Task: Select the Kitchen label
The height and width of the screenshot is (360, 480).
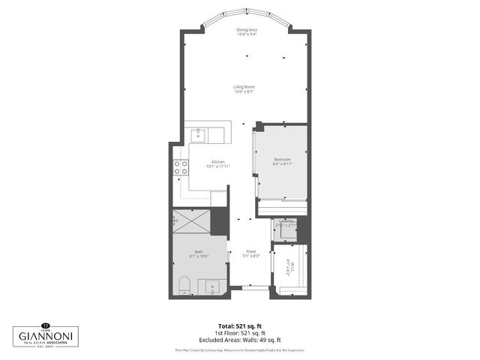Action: point(217,162)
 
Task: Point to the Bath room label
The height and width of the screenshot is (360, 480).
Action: point(199,252)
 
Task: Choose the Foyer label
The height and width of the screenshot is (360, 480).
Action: point(250,252)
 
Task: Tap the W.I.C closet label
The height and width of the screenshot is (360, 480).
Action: point(287,266)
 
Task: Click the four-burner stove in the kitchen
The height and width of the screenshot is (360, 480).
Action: point(181,168)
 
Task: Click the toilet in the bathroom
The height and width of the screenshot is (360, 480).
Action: point(184,284)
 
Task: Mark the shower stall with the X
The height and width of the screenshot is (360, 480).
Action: point(191,222)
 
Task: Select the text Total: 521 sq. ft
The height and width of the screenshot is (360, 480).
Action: point(239,325)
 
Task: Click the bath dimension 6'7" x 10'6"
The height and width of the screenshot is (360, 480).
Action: point(199,257)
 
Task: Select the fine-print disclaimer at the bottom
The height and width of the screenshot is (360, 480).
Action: point(239,349)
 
